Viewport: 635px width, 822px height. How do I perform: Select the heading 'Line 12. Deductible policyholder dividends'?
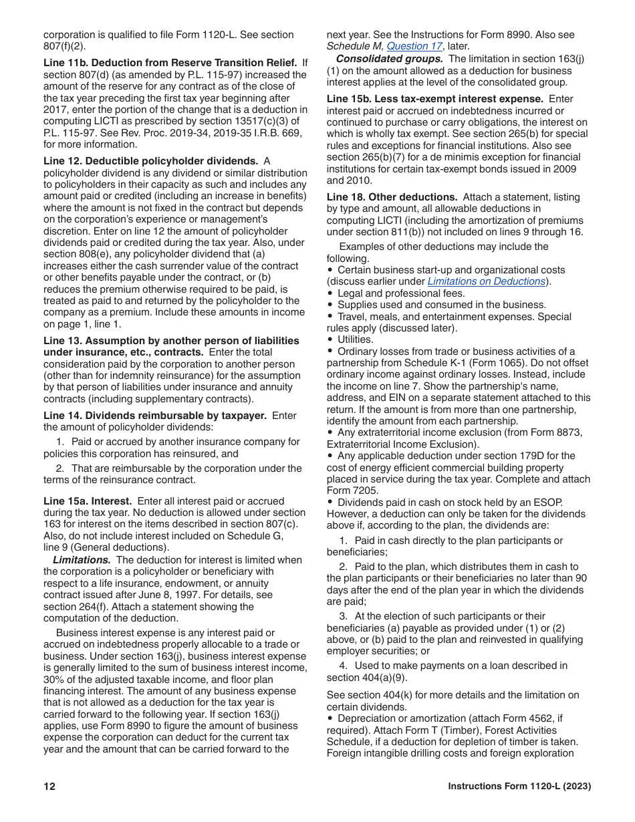150,161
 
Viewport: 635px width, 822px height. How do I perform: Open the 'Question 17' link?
414,46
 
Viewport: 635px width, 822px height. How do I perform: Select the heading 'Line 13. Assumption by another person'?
171,341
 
